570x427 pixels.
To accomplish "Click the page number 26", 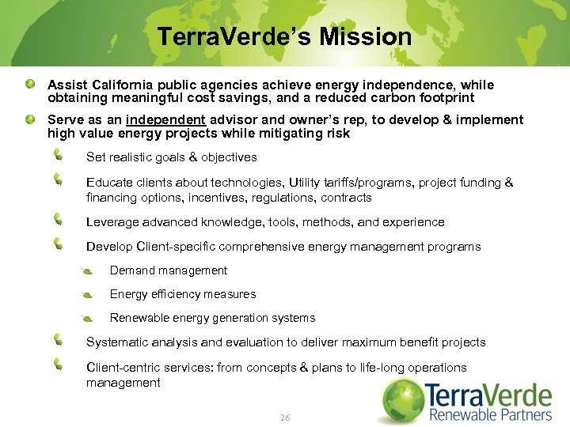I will (285, 417).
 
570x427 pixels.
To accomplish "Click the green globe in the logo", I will (405, 400).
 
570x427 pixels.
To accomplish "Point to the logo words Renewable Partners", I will (491, 415).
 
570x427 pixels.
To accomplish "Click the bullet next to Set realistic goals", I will (59, 156).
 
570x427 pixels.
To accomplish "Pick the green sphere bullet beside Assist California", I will (29, 84).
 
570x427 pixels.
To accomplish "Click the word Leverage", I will (112, 222).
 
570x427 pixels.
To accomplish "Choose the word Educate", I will (110, 183).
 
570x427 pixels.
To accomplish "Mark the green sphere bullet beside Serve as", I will (29, 119).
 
